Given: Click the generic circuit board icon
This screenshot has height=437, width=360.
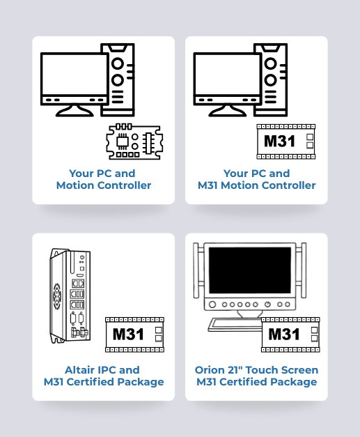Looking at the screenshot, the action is (134, 141).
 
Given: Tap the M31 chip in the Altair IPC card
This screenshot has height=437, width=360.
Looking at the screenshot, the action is (135, 335).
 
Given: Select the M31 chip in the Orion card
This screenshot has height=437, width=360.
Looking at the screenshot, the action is (290, 335).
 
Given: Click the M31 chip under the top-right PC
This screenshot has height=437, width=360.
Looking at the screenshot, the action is (286, 141).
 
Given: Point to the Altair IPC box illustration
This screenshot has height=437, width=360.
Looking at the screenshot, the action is (70, 296).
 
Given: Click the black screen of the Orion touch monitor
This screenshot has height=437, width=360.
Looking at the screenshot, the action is (250, 270).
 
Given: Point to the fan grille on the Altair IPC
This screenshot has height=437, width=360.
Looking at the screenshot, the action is (57, 296).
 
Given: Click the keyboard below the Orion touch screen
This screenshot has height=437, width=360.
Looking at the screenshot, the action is (235, 325).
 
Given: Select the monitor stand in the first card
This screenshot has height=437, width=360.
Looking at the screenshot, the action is (75, 111).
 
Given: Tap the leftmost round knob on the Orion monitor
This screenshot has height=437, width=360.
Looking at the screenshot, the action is (212, 305).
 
